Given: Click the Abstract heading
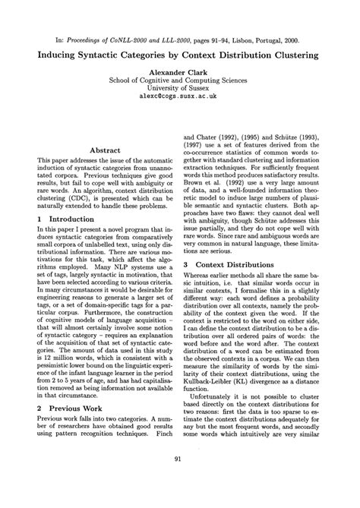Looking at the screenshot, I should [x=101, y=151].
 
